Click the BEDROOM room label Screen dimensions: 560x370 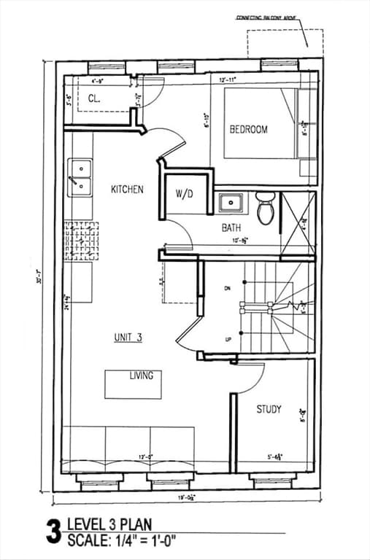pyautogui.click(x=248, y=129)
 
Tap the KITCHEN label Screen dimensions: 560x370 pyautogui.click(x=127, y=190)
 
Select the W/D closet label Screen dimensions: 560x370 pyautogui.click(x=184, y=194)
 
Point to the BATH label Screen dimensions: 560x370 pyautogui.click(x=231, y=227)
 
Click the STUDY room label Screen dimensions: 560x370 pyautogui.click(x=268, y=409)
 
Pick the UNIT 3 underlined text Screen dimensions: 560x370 pyautogui.click(x=128, y=337)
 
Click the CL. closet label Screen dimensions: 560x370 pyautogui.click(x=95, y=98)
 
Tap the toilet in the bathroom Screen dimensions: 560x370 pyautogui.click(x=265, y=207)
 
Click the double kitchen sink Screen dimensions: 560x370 pyautogui.click(x=80, y=179)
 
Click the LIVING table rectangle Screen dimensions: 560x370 pyautogui.click(x=133, y=384)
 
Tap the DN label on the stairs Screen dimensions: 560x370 pyautogui.click(x=228, y=289)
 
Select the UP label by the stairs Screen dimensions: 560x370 pyautogui.click(x=228, y=340)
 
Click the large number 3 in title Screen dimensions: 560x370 pyautogui.click(x=53, y=532)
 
